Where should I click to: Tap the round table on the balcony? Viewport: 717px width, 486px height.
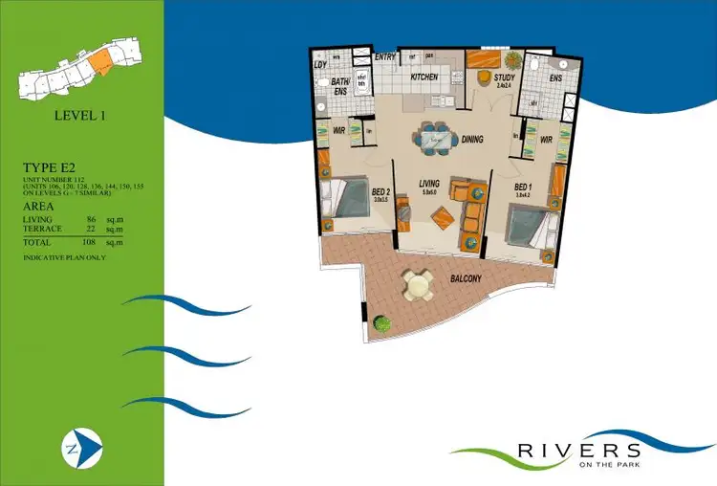coord(417,284)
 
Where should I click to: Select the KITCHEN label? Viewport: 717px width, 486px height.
coord(424,77)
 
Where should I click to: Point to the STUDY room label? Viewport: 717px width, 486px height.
coord(505,77)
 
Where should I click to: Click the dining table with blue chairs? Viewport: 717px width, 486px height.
coord(437,140)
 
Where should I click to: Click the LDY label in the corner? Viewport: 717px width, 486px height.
coord(319,64)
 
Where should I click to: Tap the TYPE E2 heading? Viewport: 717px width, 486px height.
coord(49,169)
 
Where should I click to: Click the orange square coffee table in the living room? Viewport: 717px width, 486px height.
coord(443,218)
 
